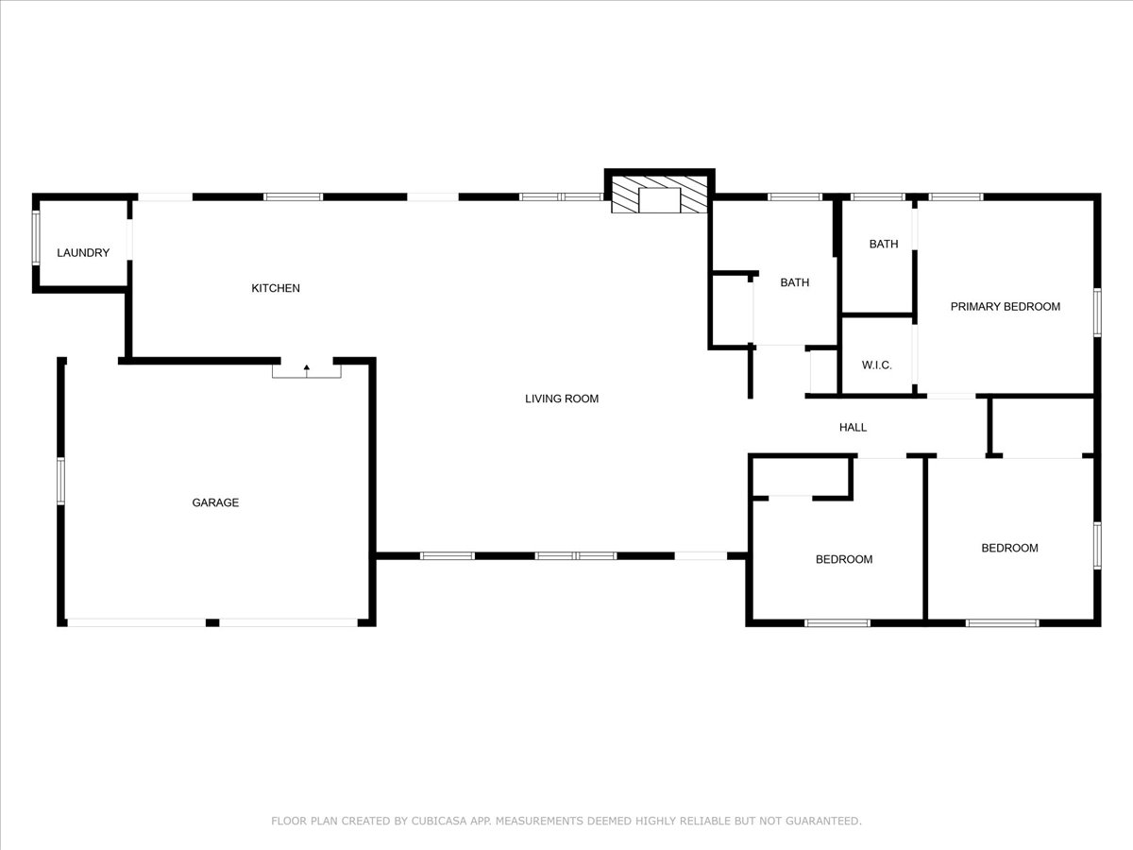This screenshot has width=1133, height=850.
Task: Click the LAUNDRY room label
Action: (x=83, y=253)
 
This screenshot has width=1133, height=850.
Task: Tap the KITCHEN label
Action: (x=275, y=288)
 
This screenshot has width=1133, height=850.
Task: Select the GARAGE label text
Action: (x=215, y=503)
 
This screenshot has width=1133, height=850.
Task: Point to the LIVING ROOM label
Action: (x=562, y=399)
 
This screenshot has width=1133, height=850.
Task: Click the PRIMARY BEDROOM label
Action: (x=1005, y=307)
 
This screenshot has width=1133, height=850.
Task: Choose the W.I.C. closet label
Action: (x=876, y=365)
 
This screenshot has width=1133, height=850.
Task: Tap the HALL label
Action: (x=853, y=428)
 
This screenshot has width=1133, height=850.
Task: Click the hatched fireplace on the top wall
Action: (x=659, y=195)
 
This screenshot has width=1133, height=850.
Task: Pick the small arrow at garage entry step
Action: (x=307, y=366)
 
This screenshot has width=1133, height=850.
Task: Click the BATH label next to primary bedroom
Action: (x=884, y=245)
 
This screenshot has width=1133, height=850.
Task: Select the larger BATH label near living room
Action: (x=794, y=282)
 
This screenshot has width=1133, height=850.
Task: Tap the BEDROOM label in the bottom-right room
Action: (x=1009, y=548)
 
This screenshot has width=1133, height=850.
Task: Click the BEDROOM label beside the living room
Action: (x=844, y=559)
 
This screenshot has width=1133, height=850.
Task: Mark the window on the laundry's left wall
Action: (x=36, y=237)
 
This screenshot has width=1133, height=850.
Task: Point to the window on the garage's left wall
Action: (x=60, y=480)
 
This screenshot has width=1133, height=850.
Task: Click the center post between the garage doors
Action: (x=212, y=623)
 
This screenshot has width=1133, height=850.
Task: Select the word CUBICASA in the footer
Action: (x=442, y=822)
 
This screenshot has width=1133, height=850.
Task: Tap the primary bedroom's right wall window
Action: (x=1097, y=312)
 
